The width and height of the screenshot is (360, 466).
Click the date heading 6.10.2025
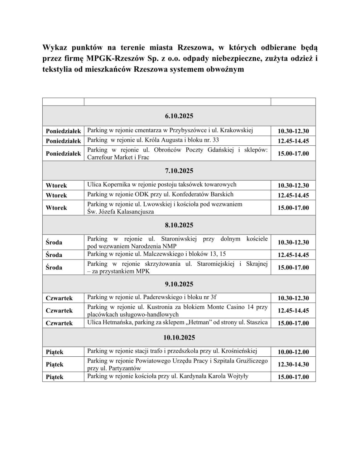179,116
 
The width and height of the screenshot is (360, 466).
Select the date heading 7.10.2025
179,171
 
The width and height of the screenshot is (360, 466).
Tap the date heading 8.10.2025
179,225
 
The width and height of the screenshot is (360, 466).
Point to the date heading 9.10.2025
179,284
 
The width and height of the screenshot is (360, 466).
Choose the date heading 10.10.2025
179,337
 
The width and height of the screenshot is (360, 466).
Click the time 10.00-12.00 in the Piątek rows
293,352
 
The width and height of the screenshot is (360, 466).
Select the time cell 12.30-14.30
293,365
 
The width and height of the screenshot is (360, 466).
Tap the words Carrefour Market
109,157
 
